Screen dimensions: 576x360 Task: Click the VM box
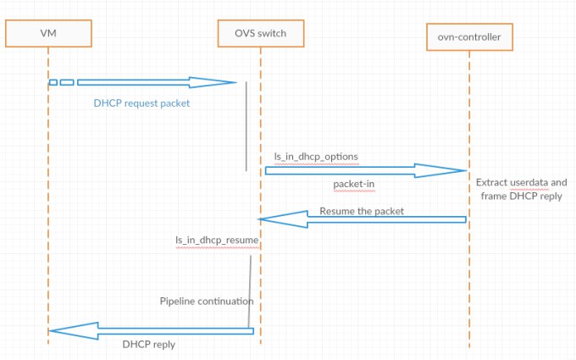48,33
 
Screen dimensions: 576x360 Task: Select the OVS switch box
261,33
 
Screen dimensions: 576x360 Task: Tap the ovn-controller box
469,36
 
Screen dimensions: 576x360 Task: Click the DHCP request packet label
141,103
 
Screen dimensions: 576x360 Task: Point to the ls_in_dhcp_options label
316,157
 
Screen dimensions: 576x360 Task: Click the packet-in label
354,184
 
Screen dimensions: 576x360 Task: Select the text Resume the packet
362,211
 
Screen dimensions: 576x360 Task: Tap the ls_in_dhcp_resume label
217,241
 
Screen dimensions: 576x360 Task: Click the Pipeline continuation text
207,302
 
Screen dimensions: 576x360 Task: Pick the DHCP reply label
149,345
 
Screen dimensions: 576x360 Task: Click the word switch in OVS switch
272,33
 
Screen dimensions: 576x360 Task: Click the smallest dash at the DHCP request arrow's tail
53,82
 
